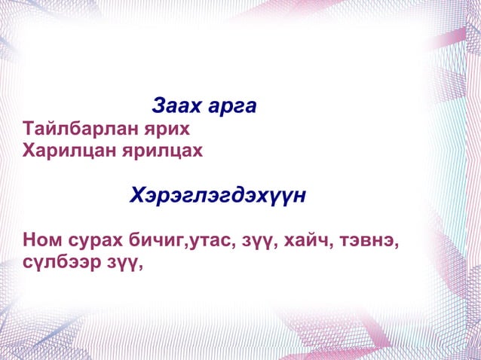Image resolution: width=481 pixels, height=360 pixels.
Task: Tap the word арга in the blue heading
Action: point(231,106)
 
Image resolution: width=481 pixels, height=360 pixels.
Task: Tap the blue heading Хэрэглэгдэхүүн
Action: point(219,197)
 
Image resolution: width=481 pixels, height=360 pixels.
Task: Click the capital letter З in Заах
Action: point(159,105)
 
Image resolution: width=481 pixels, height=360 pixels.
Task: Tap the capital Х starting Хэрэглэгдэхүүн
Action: point(138,197)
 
